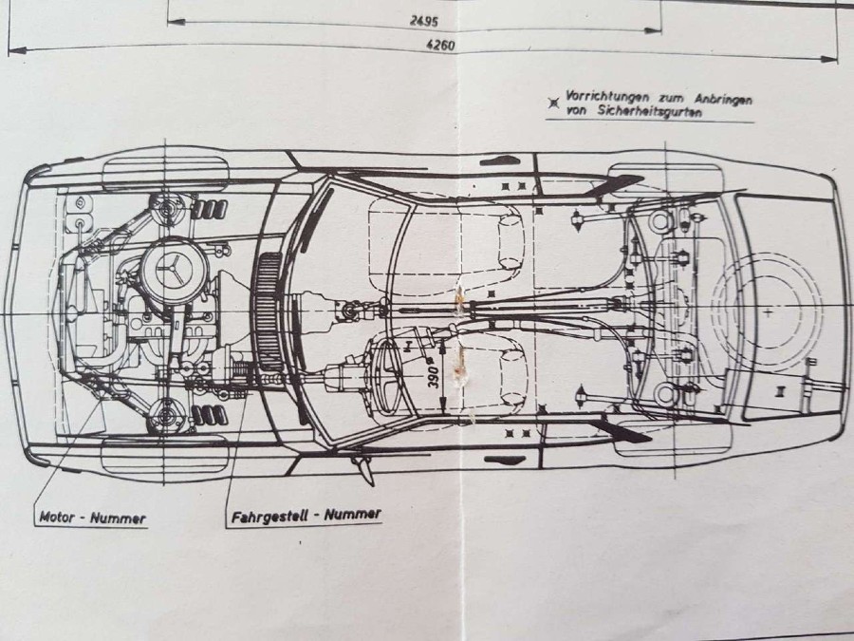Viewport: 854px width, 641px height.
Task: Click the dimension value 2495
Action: (x=424, y=22)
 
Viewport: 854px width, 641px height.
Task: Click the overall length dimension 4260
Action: (x=440, y=46)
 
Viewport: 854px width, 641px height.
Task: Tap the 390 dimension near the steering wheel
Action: (x=434, y=375)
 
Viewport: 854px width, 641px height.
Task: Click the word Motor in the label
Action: (x=56, y=517)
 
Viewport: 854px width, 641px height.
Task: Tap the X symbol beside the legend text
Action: (x=554, y=103)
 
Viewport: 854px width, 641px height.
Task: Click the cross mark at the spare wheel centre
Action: (x=768, y=312)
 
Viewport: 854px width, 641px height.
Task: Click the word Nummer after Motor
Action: (x=118, y=518)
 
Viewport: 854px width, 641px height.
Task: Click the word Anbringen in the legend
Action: (x=724, y=99)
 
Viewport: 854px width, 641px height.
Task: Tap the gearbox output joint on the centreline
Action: (x=348, y=311)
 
